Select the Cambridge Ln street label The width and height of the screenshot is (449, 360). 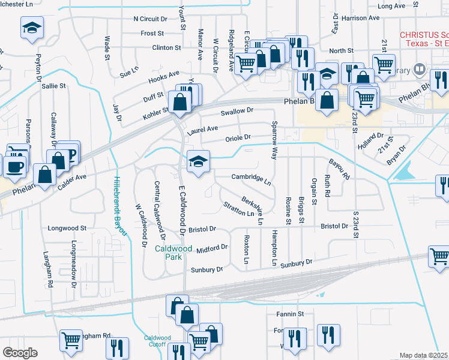252,178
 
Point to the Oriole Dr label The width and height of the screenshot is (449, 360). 237,137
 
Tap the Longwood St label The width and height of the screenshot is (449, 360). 67,228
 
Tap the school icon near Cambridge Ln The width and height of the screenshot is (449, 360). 197,161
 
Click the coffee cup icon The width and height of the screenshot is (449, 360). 16,166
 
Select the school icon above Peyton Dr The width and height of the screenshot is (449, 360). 32,27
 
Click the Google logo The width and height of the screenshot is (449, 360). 20,353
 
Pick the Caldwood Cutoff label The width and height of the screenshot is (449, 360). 158,341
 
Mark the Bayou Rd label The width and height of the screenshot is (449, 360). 339,169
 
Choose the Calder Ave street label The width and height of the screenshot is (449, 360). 73,181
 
